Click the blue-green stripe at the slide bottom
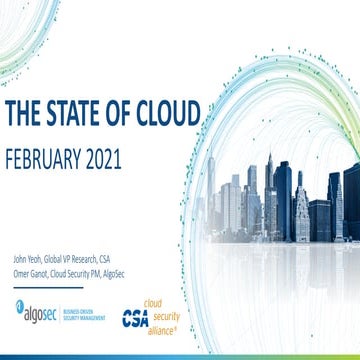[x=180, y=356]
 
